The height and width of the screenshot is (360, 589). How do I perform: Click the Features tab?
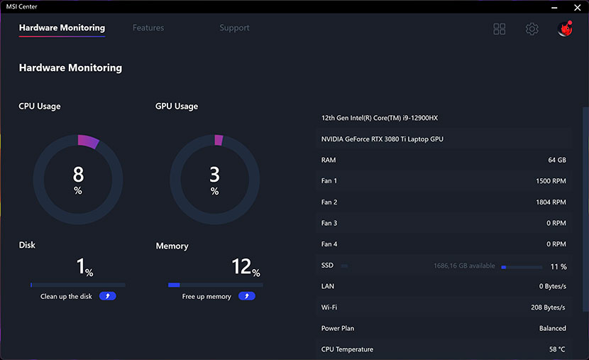(x=148, y=28)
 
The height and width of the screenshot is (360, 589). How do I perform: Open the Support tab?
(x=234, y=28)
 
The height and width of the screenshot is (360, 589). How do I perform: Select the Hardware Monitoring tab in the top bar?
(x=62, y=28)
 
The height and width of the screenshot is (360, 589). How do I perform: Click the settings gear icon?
(x=532, y=29)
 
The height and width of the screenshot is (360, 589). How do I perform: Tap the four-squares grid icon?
(x=500, y=29)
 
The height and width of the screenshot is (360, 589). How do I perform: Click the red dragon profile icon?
(x=566, y=28)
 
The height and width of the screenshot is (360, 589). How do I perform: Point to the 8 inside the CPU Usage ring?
(x=78, y=174)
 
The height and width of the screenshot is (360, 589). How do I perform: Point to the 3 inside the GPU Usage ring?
(x=215, y=174)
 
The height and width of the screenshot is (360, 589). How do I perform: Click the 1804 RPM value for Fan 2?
(x=551, y=202)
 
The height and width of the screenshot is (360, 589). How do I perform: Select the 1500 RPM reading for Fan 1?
(x=551, y=181)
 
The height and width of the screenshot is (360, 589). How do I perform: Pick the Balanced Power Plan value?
(x=552, y=329)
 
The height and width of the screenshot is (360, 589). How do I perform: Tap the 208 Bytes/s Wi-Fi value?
(x=548, y=307)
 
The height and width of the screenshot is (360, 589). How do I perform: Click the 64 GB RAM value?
(x=557, y=160)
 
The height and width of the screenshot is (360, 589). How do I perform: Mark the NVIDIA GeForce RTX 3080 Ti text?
(x=382, y=139)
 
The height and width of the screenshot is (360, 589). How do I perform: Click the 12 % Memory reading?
(x=245, y=268)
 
